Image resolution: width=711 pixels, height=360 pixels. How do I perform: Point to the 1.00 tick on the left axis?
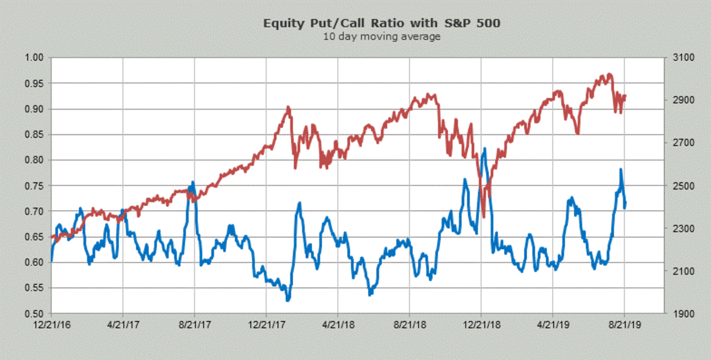click(35, 58)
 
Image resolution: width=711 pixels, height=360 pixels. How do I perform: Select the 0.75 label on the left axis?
click(35, 186)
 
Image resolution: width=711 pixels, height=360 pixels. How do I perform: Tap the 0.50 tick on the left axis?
click(35, 314)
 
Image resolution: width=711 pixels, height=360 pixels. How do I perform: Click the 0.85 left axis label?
click(35, 135)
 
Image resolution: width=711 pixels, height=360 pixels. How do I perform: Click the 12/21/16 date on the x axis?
click(51, 324)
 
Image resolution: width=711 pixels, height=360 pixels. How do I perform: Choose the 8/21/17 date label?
click(194, 324)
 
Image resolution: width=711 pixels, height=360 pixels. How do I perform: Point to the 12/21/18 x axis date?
click(481, 324)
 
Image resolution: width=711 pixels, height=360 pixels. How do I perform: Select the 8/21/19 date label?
click(624, 324)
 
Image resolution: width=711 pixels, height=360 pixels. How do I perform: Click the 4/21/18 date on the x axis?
click(338, 324)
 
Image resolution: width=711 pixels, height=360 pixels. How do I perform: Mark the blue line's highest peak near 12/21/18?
click(485, 149)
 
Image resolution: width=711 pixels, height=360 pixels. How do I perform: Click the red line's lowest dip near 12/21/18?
click(484, 217)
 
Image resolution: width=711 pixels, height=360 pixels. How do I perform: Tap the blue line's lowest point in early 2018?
click(288, 300)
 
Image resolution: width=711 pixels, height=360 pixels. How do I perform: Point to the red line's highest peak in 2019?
click(608, 74)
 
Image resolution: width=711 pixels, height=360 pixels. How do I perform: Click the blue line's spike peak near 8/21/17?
click(193, 182)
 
